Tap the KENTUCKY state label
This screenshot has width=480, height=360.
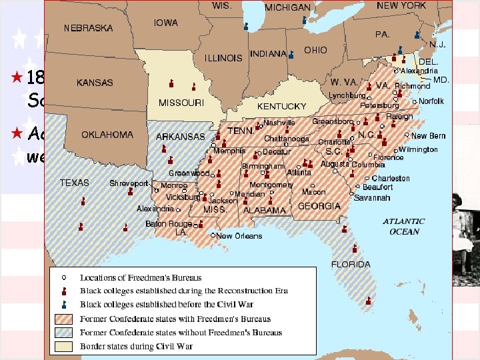[281, 107]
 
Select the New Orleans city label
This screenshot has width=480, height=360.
[239, 236]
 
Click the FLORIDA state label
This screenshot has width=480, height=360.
[351, 264]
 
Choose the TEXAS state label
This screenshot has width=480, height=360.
[74, 182]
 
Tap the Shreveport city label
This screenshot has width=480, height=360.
[129, 183]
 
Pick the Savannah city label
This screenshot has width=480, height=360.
[372, 198]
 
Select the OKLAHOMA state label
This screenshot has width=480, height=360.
[107, 135]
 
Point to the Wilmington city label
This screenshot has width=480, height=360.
[418, 149]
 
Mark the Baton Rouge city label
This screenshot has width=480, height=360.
[168, 224]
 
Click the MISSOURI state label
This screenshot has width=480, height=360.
[181, 103]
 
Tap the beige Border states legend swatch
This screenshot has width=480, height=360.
[67, 347]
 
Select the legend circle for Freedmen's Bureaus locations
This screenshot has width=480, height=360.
[66, 277]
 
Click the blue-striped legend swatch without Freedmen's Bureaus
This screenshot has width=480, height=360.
[67, 333]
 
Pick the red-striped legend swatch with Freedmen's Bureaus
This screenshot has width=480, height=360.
[67, 319]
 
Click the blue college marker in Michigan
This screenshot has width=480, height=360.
[304, 20]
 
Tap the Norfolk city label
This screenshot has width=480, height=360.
[431, 101]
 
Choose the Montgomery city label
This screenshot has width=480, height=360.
[271, 185]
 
